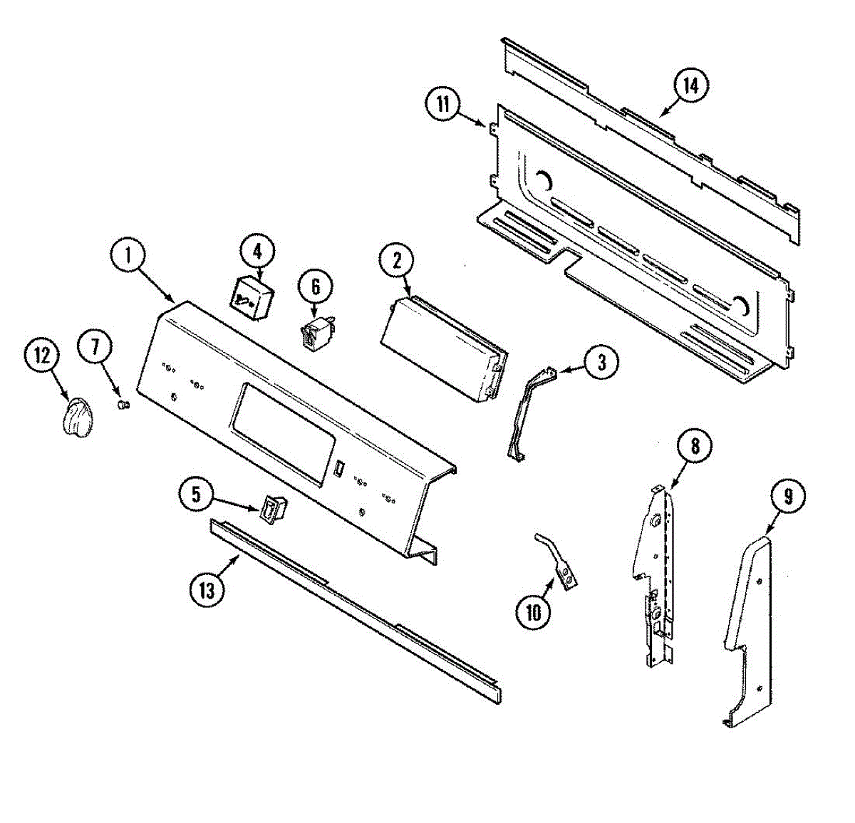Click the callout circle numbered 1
click(129, 256)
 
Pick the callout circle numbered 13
click(207, 590)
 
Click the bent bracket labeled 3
click(527, 413)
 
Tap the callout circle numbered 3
click(601, 362)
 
